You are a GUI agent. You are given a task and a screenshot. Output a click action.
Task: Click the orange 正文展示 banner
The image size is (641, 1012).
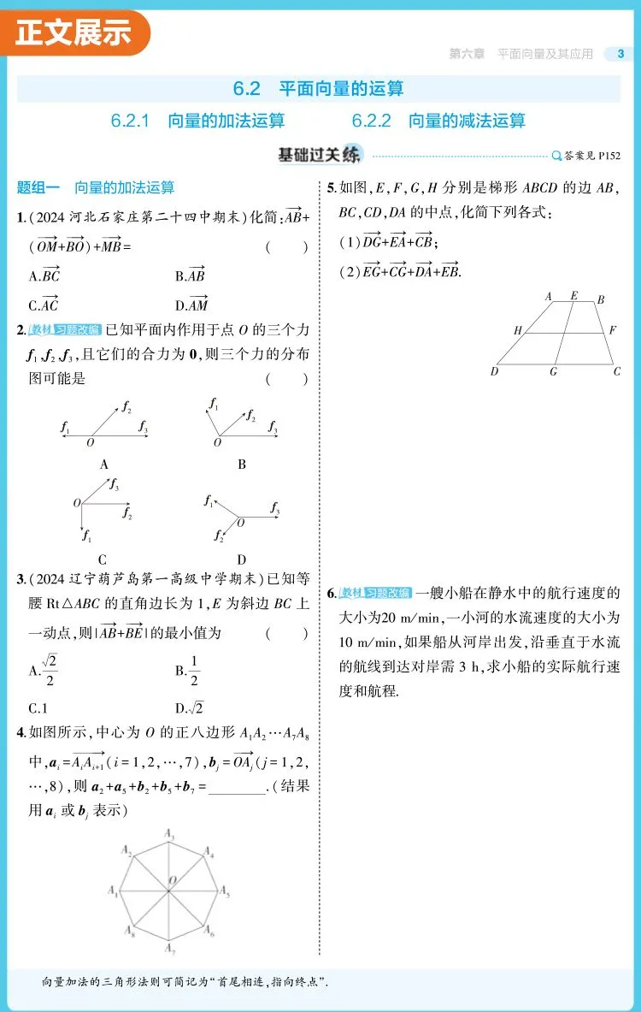(75, 32)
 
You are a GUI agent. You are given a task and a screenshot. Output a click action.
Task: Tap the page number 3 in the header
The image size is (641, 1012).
(620, 54)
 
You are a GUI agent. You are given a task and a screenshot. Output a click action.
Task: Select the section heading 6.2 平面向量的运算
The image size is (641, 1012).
(318, 88)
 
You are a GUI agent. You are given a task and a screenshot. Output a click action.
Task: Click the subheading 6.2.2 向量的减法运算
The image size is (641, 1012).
(438, 121)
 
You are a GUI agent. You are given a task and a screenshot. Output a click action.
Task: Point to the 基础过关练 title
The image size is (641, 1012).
(320, 155)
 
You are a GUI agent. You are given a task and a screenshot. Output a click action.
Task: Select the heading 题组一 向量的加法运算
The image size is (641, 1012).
(96, 188)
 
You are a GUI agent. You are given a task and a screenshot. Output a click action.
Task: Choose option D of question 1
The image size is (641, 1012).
(191, 305)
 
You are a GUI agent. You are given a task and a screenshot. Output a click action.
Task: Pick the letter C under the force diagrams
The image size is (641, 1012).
(103, 561)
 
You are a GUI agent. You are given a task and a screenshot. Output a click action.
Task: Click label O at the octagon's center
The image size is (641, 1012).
(172, 880)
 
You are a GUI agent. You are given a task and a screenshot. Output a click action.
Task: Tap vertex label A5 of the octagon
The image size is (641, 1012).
(225, 891)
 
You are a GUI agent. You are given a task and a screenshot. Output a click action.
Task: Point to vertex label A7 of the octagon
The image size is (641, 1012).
(171, 949)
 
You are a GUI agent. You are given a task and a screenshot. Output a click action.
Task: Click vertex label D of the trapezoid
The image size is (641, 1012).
(495, 371)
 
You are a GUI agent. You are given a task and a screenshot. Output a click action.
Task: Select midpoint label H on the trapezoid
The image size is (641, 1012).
(517, 330)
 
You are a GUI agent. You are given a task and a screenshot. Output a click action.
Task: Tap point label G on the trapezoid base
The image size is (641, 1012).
(554, 371)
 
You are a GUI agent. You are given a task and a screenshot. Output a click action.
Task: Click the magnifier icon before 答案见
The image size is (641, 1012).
(557, 156)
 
